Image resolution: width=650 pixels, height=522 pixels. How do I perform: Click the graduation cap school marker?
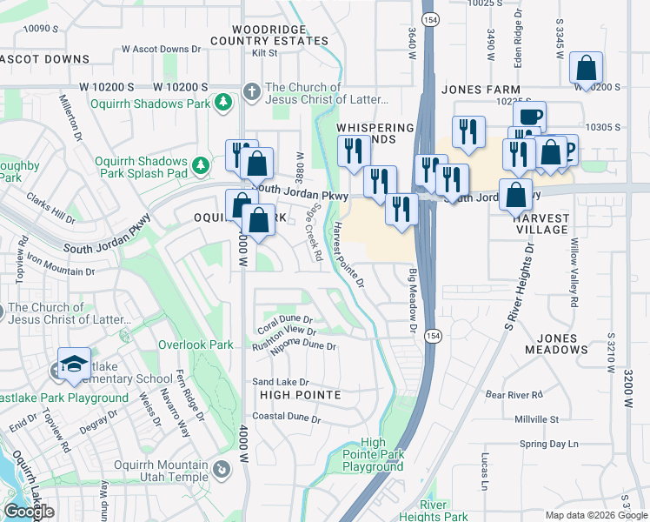[x=74, y=365]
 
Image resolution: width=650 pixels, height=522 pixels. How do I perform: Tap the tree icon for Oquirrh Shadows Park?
[x=223, y=103]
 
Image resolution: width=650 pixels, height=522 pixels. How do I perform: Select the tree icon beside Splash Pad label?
[x=202, y=164]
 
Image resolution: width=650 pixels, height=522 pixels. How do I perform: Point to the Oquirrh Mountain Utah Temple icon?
[x=222, y=470]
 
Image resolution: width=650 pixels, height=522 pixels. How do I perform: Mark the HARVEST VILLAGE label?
[x=541, y=224]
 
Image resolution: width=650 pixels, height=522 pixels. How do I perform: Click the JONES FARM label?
[x=474, y=90]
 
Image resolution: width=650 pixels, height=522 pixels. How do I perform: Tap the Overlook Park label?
[x=196, y=345]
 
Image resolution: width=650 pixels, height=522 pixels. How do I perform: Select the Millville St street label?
[x=535, y=419]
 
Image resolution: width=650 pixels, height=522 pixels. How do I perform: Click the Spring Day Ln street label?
[x=548, y=444]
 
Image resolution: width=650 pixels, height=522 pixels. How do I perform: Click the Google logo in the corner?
[x=30, y=512]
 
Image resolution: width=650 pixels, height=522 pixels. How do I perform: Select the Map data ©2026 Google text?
[x=596, y=515]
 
